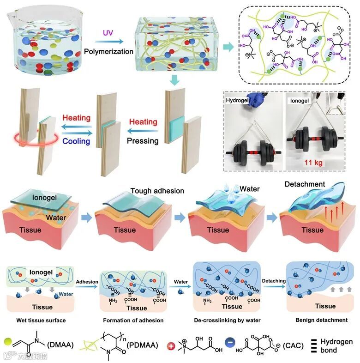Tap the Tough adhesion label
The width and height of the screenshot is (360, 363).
pyautogui.click(x=157, y=191)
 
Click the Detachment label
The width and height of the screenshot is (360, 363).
pyautogui.click(x=305, y=184)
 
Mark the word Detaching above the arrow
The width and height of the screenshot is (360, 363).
pyautogui.click(x=273, y=280)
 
